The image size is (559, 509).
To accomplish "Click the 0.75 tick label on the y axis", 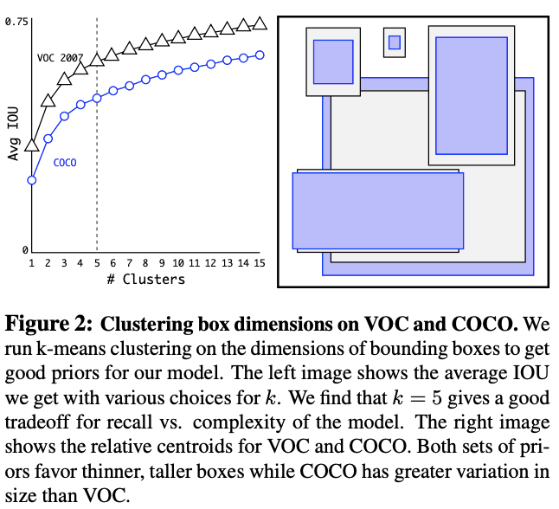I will pos(17,21).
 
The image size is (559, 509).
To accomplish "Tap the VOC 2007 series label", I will pos(60,58).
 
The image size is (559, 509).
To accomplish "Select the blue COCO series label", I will pos(66,162).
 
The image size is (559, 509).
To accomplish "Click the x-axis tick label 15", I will pos(260,263).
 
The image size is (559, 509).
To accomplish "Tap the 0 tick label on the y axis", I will pos(24,250).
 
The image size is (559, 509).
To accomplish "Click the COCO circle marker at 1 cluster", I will pos(32,180).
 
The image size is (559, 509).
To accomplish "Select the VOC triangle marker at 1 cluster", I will pos(32,144).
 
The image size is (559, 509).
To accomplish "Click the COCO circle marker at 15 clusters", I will pos(260,55).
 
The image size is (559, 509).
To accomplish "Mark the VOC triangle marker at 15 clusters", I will pos(260,23).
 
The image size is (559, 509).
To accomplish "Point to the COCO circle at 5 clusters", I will pos(97,98).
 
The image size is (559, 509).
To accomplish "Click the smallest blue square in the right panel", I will pos(395,42).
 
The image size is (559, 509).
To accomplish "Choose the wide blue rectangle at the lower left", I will pos(377,210).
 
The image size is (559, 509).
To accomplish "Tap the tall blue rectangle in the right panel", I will pos(471,95).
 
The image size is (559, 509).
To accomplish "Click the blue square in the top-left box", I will pos(332,61).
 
